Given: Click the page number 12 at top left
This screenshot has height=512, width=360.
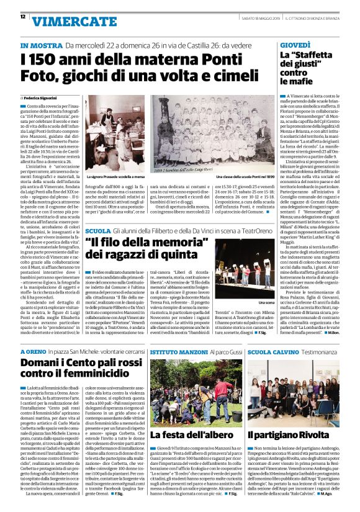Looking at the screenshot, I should pyautogui.click(x=12, y=17).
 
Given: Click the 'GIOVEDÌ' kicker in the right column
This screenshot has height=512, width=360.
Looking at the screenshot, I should pyautogui.click(x=295, y=46).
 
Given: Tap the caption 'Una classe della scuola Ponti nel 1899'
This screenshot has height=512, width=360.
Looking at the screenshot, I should pyautogui.click(x=240, y=177).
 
